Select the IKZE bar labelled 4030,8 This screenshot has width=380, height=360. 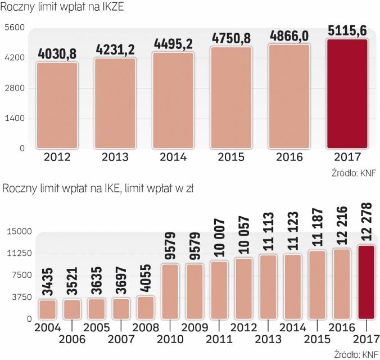57,105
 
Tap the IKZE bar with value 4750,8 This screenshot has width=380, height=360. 231,98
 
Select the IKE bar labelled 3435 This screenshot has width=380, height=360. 48,309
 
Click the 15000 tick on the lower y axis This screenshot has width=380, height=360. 19,231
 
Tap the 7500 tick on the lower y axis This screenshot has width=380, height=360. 21,275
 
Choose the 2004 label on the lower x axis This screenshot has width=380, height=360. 48,327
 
